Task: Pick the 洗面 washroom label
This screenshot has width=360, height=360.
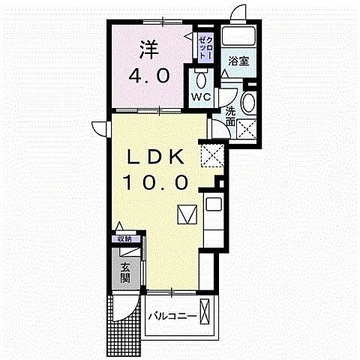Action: tap(230, 117)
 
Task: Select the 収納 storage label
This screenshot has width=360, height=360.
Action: tap(124, 239)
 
